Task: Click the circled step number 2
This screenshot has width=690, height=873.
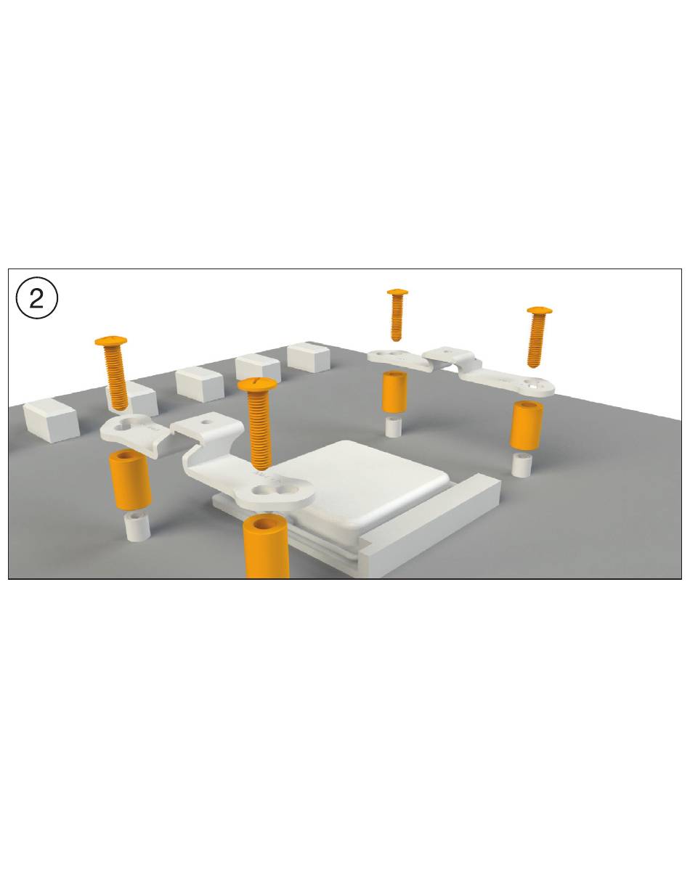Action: (36, 298)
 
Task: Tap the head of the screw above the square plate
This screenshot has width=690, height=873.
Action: (257, 384)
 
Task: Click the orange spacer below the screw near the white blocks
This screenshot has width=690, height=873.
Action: (130, 479)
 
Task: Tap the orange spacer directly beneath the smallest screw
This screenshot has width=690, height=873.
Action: (394, 391)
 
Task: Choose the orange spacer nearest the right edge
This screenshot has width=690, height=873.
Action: (527, 425)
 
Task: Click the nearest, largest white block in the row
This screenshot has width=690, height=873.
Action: (51, 419)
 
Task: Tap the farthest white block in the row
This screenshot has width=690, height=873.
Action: (308, 357)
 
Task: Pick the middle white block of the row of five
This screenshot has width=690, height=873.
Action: (200, 383)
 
